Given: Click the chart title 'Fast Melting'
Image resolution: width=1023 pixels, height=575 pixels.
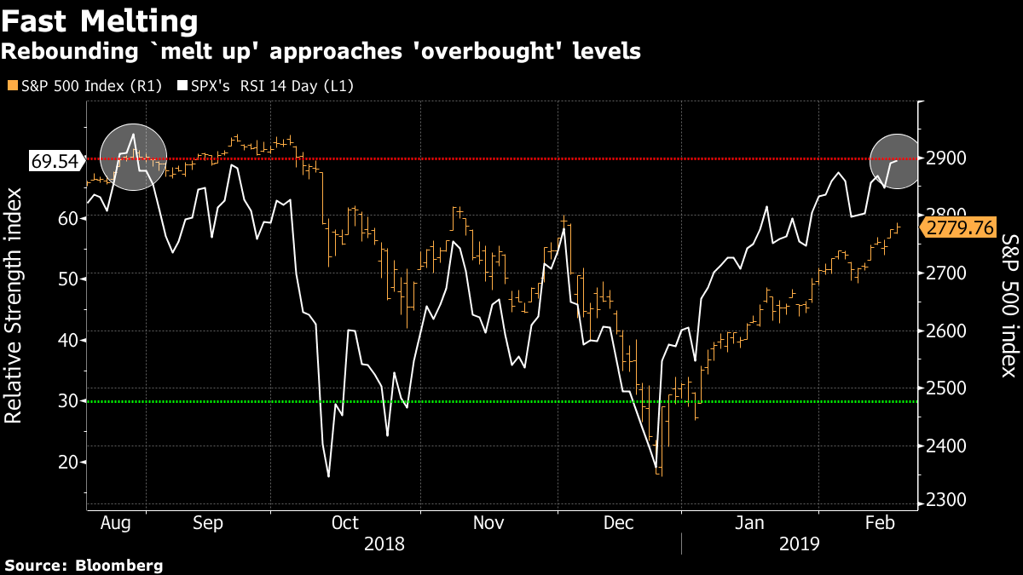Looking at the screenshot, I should coord(100,20).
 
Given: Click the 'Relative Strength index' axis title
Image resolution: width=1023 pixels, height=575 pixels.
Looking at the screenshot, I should coord(14,306).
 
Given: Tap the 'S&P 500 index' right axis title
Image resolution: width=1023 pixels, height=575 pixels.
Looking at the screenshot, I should coord(1009,307).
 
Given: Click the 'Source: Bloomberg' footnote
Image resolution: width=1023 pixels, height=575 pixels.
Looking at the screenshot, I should coord(84,565).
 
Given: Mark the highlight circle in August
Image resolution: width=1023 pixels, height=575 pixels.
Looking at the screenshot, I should coord(132,156).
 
